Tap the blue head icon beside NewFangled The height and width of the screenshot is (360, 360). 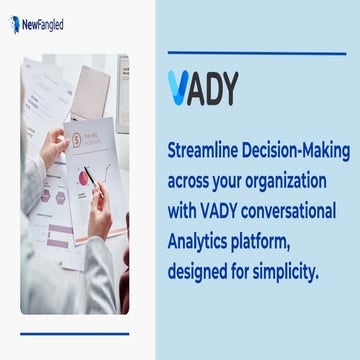pyautogui.click(x=15, y=23)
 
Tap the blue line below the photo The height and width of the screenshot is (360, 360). pyautogui.click(x=74, y=332)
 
